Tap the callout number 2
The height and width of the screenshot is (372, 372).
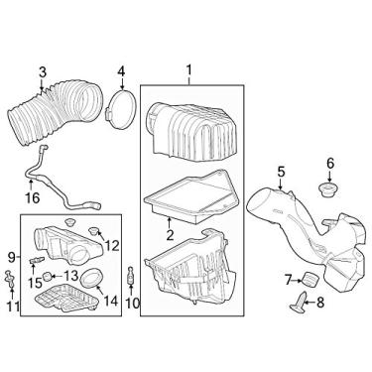(170, 235)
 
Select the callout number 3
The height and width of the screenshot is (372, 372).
(42, 70)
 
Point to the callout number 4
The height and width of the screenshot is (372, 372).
(120, 71)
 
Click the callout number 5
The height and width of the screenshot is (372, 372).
(282, 172)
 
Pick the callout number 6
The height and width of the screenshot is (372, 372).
(331, 164)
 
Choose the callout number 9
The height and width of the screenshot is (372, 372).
(9, 261)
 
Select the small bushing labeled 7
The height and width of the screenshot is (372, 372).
(308, 279)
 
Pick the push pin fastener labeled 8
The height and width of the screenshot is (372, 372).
(301, 306)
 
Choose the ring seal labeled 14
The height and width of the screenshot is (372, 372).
(88, 276)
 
